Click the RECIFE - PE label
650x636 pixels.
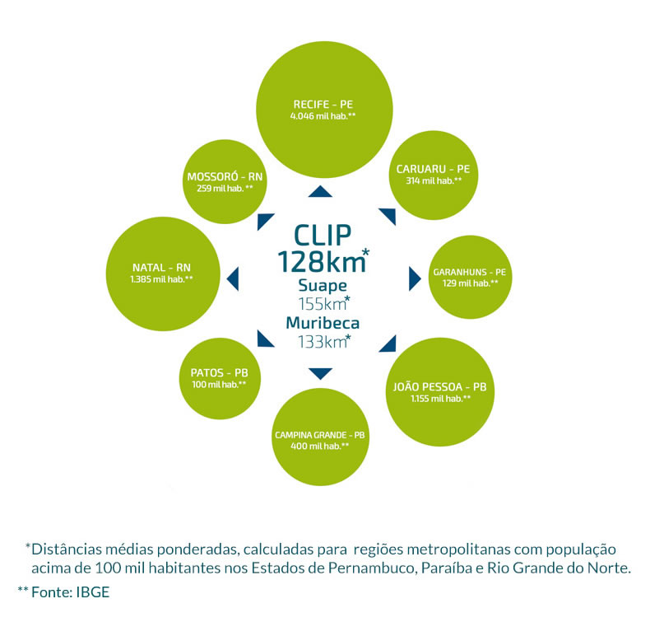[323, 105]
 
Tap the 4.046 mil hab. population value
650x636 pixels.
[323, 117]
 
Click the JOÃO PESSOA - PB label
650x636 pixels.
[440, 386]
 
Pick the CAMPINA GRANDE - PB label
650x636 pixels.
[319, 434]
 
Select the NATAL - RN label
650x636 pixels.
[161, 268]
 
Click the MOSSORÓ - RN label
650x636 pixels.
[225, 176]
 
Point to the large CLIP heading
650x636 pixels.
[322, 234]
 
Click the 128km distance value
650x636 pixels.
[320, 262]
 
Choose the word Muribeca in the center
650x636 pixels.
[321, 322]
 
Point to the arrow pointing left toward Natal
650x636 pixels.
[233, 278]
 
